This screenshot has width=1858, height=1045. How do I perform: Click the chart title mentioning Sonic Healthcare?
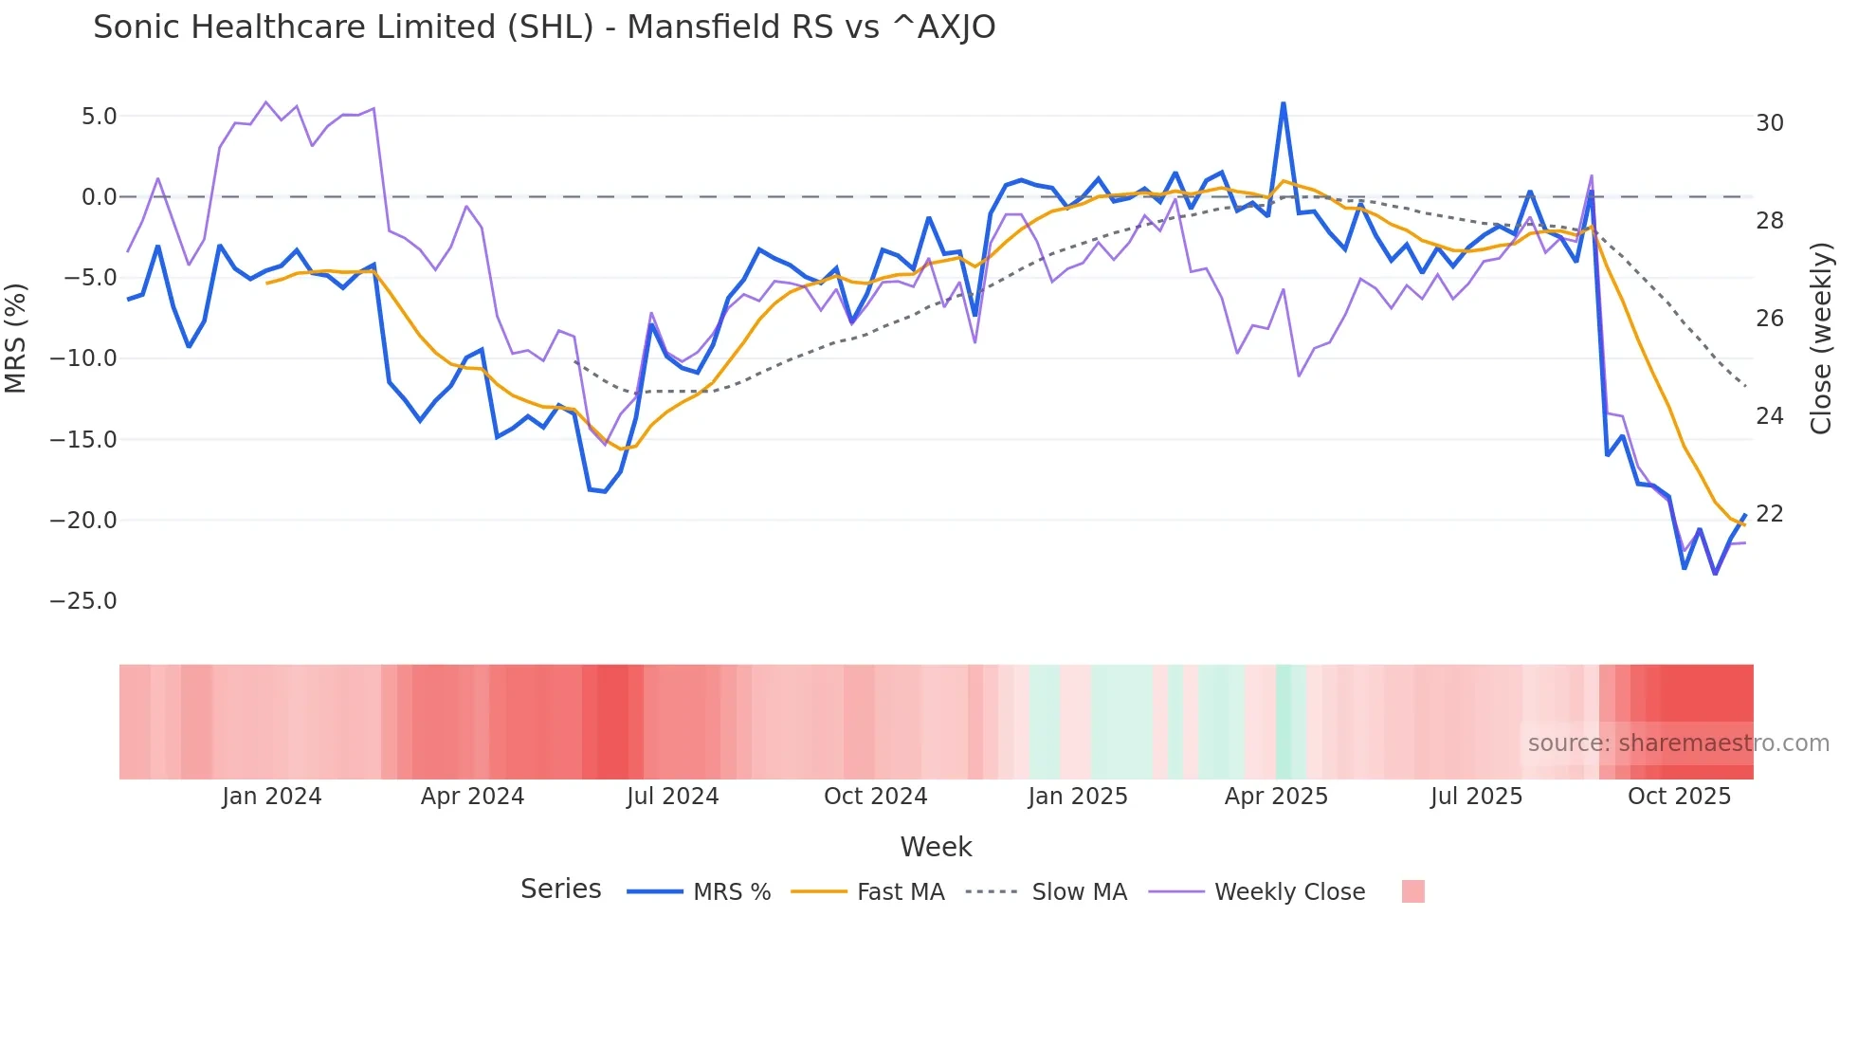coord(544,27)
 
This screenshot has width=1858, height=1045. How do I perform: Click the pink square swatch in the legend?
coord(1412,891)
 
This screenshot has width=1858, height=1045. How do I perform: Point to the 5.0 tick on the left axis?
coord(99,117)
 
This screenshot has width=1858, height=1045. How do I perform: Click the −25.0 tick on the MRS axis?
coord(83,601)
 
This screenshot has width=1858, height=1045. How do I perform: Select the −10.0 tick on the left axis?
coord(83,358)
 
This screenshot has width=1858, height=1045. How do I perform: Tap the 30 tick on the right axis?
coord(1769,123)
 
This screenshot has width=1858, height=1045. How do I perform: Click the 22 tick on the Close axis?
coord(1769,514)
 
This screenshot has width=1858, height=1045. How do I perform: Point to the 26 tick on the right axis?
coord(1769,319)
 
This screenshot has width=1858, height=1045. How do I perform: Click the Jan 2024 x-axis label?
coord(272,797)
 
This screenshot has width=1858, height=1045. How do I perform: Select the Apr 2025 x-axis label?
coord(1276,797)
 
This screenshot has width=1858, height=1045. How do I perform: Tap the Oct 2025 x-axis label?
coord(1679,797)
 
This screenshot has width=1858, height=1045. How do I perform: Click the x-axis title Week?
coord(936,847)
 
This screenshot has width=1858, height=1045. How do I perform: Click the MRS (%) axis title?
coord(16,339)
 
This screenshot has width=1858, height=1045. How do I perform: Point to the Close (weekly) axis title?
coord(1821,339)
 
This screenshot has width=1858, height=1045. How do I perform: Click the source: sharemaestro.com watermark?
coord(1678,743)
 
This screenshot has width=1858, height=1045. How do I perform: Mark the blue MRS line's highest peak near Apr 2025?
coord(1283,103)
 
